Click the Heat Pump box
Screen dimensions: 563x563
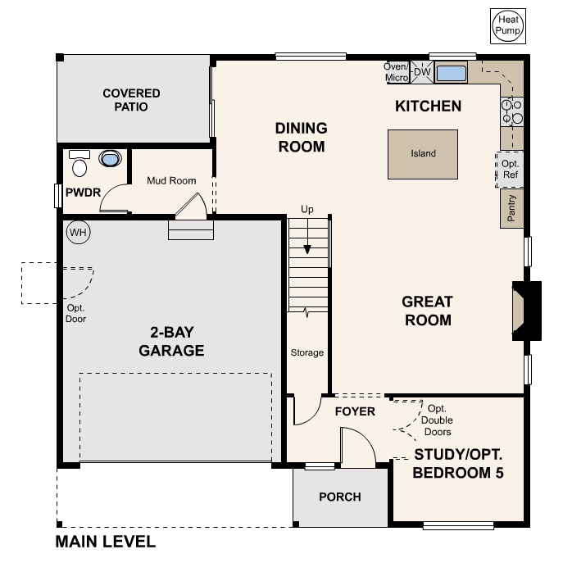[x=506, y=25]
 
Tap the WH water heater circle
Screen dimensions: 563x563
[x=77, y=232]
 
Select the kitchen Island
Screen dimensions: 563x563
[x=423, y=153]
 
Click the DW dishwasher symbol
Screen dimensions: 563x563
[x=422, y=72]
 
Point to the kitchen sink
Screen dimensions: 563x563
[x=451, y=73]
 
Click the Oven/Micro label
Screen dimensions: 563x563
[x=397, y=72]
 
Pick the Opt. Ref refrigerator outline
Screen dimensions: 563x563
[x=511, y=170]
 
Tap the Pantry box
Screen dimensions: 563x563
[x=511, y=208]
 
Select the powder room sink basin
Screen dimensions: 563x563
[x=108, y=159]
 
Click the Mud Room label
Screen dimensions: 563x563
[x=171, y=180]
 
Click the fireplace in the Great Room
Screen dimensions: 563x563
[x=525, y=310]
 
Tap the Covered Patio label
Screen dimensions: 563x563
[x=131, y=100]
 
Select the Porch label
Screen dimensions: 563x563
[x=340, y=497]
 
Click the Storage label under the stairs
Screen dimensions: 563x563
[x=307, y=353]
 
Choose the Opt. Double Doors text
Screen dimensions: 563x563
[x=436, y=420]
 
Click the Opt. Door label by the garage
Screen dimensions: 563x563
[x=76, y=314]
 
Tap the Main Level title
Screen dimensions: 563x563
[x=105, y=542]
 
